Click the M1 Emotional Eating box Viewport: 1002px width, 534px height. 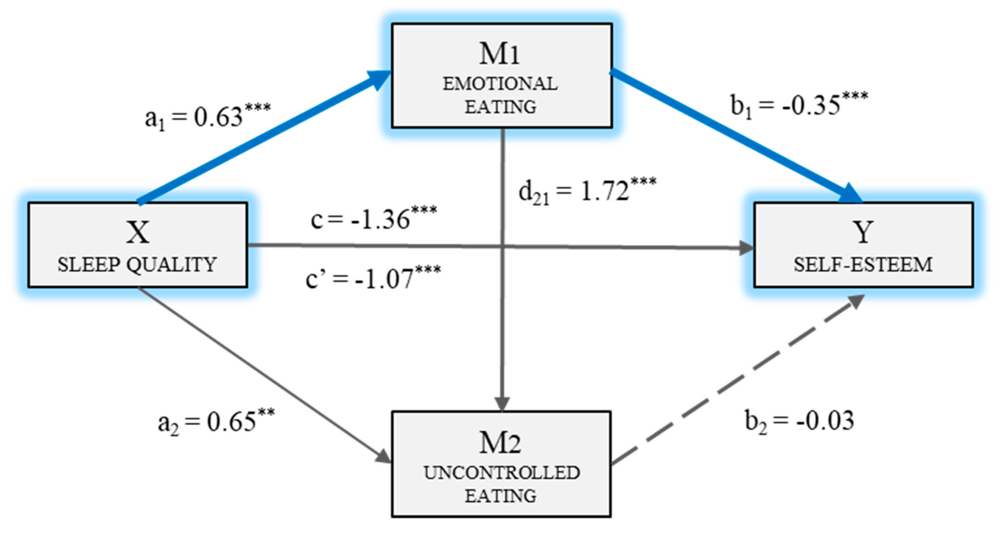coord(502,76)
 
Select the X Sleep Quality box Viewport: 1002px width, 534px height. coord(138,245)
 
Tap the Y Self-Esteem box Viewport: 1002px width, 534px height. coord(863,245)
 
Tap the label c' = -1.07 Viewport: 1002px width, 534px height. coord(373,278)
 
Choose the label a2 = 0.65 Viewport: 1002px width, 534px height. coord(216,422)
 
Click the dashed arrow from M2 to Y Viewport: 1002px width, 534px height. coord(735,379)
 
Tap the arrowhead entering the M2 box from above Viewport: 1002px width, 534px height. coord(503,404)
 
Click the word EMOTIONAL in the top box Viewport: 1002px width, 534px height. coord(500,84)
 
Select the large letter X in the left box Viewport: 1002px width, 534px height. coord(138,232)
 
